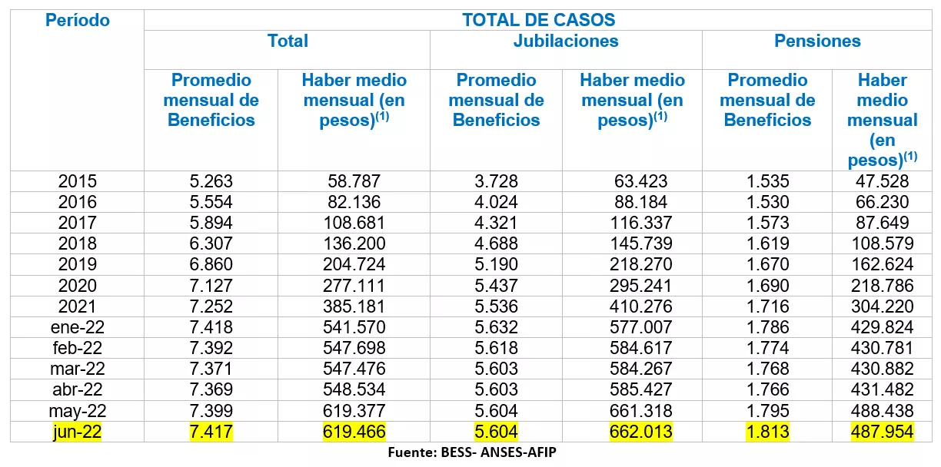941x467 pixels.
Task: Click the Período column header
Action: tap(77, 21)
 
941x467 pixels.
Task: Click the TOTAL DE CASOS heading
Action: tap(538, 20)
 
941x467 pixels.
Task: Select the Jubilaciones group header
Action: tap(566, 41)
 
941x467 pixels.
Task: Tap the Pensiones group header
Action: tap(817, 41)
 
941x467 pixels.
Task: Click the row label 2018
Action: tap(77, 243)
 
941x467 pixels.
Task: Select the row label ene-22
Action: tap(77, 327)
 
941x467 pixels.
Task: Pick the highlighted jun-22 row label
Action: tap(77, 432)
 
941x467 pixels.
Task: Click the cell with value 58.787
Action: tap(354, 181)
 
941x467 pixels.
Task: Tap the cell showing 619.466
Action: tap(354, 432)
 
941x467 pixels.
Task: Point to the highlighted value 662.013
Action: tap(632, 432)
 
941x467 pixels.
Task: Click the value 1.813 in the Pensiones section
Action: tap(767, 432)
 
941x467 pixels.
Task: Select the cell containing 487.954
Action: tap(882, 432)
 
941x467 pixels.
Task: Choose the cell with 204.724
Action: tap(354, 264)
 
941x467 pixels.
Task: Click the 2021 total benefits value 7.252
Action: tap(211, 306)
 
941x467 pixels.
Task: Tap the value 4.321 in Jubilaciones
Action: tap(496, 223)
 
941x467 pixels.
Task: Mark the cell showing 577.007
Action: tap(632, 327)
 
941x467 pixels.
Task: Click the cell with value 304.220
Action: tap(882, 306)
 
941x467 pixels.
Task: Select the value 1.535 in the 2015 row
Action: tap(767, 181)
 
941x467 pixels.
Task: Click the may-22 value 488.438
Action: tap(882, 411)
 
